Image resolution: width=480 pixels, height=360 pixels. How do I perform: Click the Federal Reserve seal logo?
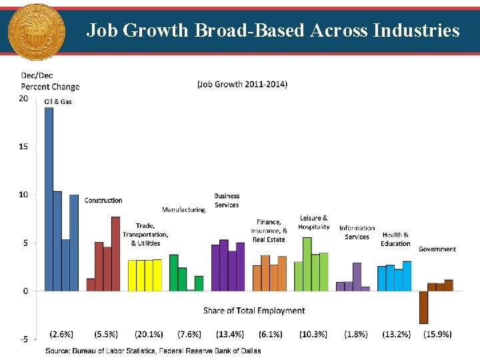36,32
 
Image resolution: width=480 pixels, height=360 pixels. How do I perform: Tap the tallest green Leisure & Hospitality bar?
307,264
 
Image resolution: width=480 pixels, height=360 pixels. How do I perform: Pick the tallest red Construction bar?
115,253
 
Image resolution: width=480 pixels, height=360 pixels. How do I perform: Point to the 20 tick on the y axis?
23,99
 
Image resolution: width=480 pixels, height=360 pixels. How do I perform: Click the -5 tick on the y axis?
23,339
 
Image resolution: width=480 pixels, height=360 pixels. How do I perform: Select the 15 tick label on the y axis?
23,147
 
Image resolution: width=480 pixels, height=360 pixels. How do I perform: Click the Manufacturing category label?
183,210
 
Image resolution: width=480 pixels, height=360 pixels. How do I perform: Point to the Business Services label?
227,200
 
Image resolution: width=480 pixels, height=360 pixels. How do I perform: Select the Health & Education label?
395,239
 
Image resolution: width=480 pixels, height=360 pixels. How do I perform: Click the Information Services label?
357,232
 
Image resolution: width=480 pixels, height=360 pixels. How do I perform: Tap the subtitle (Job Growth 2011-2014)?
242,84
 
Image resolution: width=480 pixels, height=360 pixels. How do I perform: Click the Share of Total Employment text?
254,311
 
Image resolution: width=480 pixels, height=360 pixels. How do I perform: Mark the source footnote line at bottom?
153,351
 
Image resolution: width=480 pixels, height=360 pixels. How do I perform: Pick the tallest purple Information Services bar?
357,277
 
